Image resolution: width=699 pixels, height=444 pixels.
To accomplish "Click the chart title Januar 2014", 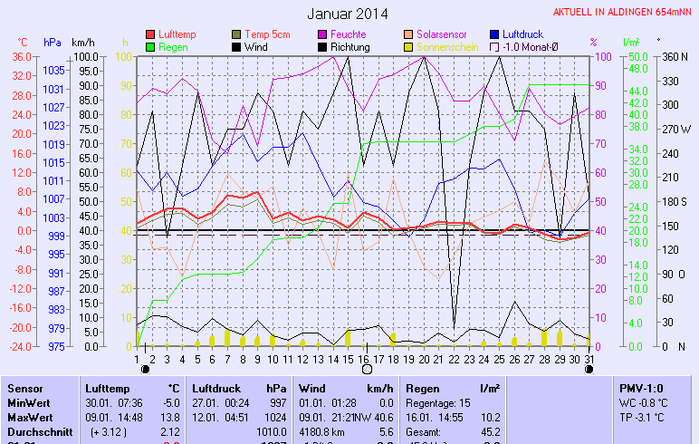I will coord(347,14).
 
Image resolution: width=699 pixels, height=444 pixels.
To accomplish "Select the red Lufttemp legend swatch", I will coord(151,34).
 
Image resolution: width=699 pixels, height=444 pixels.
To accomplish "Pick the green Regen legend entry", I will coord(151,46).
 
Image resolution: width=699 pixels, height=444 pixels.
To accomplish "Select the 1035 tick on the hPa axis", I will coord(53,70).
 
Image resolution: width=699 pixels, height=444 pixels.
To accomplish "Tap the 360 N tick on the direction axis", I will coord(675,56).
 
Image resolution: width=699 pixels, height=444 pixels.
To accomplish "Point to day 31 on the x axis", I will coord(589,358).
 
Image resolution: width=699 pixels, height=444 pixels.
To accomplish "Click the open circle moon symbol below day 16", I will coord(367,370).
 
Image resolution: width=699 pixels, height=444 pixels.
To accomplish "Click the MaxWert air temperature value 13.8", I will coord(171,417).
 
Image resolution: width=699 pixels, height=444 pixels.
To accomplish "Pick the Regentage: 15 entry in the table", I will coord(436,402).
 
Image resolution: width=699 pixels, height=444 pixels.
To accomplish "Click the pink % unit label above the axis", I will coord(593,42).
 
